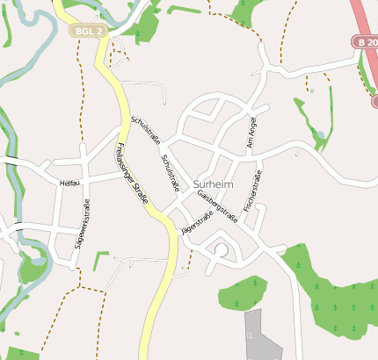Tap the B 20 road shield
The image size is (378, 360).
pos(366,41)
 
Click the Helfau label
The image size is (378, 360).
pos(69,183)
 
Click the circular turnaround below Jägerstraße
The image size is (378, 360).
pos(221,251)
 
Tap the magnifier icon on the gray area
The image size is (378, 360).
pos(251,335)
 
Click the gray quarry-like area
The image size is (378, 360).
pos(264,338)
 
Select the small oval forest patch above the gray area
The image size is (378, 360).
pos(242,292)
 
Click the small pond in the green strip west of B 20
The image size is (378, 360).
pos(321,134)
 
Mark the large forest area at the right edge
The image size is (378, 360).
pos(338,299)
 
